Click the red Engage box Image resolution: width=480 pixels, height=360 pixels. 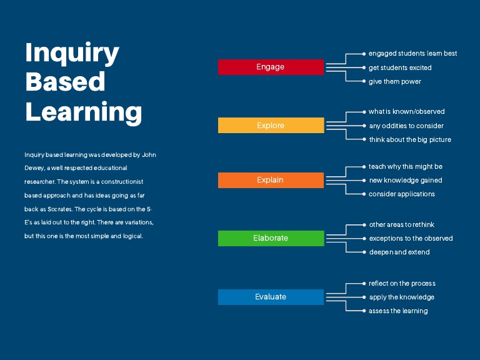(271, 67)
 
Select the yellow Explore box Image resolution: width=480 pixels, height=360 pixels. (271, 125)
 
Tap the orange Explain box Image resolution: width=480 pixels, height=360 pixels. (271, 180)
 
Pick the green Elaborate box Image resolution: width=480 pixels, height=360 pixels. (271, 238)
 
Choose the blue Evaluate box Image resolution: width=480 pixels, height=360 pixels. (271, 297)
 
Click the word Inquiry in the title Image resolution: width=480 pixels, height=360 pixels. (72, 54)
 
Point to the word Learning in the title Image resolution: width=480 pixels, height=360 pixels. (84, 112)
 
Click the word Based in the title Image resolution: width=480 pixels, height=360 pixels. (65, 82)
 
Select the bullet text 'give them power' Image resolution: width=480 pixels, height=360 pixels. (395, 82)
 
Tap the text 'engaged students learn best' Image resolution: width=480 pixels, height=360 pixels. (413, 54)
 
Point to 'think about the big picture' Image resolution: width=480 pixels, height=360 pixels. (410, 140)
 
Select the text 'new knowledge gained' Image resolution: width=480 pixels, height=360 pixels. (406, 181)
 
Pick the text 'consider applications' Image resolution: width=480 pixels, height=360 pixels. (402, 194)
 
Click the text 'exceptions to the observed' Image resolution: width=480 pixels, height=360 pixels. (411, 239)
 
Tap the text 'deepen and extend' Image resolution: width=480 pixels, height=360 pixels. (399, 252)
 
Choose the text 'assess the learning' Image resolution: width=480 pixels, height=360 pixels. (398, 311)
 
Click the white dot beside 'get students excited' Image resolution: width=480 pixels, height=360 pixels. (364, 67)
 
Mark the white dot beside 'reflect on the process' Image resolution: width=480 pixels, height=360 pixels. (364, 283)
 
